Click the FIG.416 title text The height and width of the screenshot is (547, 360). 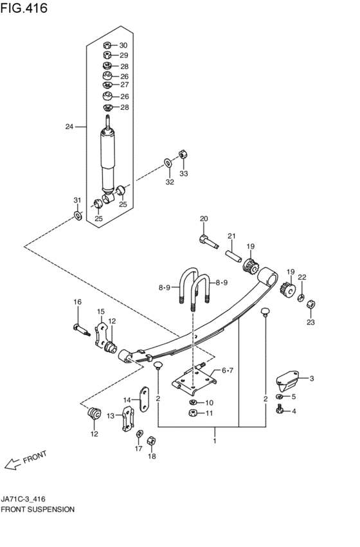coord(24,8)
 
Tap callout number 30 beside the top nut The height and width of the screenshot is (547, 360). coord(123,46)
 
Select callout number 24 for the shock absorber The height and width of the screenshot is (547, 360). coord(69,127)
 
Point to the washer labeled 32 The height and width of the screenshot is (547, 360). coord(168,163)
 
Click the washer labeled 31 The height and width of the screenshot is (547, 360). coord(77,216)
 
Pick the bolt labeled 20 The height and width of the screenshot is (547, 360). coord(209,242)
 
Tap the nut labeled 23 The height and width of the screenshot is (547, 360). coord(310,304)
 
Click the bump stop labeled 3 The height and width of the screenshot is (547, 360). coord(287,381)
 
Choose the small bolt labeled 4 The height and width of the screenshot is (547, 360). coord(279,409)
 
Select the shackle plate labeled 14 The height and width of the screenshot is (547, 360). coord(145,399)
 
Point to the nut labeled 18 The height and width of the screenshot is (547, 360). coord(151,440)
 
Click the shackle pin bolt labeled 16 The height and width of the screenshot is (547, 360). coord(82,329)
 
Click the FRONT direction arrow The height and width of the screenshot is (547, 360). coord(12,464)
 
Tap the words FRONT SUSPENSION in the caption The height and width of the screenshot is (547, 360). coord(38,510)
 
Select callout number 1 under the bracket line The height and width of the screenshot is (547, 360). coord(215,441)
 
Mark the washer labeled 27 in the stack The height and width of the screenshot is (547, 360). coord(107,85)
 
